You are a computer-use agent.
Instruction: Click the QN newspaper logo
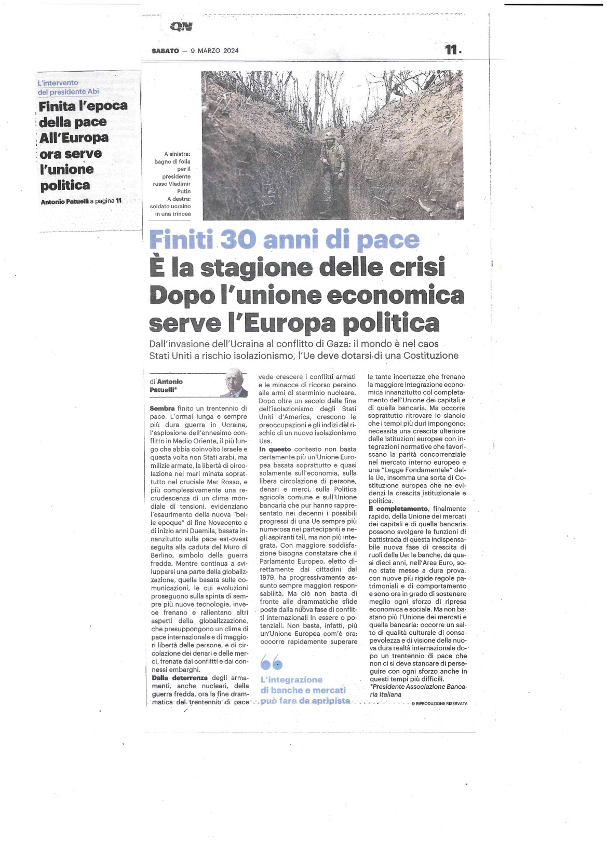tap(181, 27)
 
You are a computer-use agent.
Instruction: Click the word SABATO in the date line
tap(165, 51)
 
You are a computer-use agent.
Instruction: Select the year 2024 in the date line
tap(231, 51)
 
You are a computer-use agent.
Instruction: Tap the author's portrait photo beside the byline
tap(236, 383)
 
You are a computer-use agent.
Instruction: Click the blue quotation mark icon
tap(271, 662)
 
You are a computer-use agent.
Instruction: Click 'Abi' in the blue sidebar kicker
tap(93, 92)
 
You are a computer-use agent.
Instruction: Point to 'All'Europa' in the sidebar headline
tap(74, 138)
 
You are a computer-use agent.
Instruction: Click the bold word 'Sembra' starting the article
tap(162, 408)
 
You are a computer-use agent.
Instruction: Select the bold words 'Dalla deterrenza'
tap(180, 678)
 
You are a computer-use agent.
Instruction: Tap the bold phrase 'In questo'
tap(275, 449)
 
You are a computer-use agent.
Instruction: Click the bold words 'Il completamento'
tap(398, 509)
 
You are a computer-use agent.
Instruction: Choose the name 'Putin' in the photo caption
tap(184, 192)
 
